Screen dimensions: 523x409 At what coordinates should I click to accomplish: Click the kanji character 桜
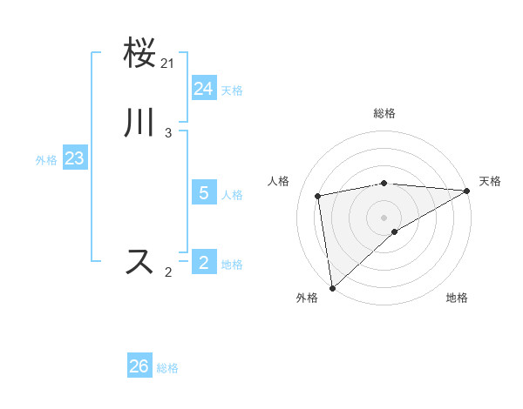[139, 54]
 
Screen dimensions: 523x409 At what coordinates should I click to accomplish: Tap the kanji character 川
[139, 123]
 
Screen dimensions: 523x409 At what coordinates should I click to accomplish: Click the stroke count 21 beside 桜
[168, 64]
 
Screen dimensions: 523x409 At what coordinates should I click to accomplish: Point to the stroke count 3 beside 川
[168, 132]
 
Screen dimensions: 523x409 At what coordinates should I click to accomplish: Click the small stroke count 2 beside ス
[168, 272]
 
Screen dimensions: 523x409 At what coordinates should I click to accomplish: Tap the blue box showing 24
[204, 89]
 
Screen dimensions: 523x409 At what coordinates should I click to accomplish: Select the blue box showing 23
[74, 159]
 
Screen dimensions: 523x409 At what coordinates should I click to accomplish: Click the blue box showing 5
[204, 193]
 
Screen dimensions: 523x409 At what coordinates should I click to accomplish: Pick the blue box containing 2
[204, 262]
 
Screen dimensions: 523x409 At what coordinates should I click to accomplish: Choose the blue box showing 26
[139, 366]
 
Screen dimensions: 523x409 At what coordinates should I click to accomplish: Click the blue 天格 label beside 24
[232, 91]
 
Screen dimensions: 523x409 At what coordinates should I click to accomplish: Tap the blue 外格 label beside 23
[46, 160]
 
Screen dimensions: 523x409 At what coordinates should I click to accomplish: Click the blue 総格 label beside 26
[167, 368]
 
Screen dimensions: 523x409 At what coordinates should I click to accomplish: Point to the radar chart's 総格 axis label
[384, 114]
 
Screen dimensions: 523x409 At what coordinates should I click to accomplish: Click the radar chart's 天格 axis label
[490, 181]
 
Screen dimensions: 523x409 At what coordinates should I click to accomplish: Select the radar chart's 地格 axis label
[457, 298]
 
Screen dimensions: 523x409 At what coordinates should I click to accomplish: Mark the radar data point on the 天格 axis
[467, 191]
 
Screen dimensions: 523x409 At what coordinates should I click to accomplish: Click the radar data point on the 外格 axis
[332, 287]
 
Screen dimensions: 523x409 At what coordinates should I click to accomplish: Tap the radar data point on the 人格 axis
[319, 196]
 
